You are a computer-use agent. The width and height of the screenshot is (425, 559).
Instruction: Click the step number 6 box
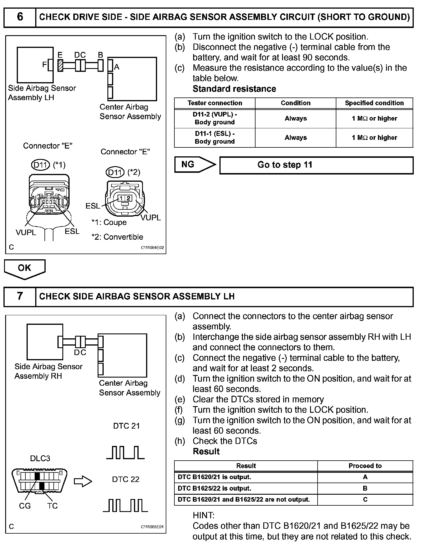click(x=20, y=17)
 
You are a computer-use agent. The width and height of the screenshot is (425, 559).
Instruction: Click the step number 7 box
click(x=20, y=296)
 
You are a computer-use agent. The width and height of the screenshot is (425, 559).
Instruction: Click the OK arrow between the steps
click(x=25, y=269)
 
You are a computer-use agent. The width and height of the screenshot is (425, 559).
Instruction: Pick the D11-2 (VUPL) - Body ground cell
click(x=215, y=119)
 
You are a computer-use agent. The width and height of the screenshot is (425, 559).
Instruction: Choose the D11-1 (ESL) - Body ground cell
click(x=215, y=138)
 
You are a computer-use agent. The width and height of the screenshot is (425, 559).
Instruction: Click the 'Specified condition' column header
click(x=374, y=103)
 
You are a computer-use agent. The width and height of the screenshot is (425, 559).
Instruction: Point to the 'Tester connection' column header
click(x=215, y=103)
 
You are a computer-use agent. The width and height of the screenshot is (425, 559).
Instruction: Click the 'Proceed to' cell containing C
click(x=365, y=499)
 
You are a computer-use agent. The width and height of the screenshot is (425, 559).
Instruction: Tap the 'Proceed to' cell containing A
click(x=365, y=477)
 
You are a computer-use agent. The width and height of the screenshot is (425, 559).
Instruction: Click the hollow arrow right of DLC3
click(x=83, y=481)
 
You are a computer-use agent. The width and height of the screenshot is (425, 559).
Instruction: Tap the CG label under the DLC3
click(x=25, y=506)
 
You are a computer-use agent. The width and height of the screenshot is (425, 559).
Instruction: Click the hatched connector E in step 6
click(x=60, y=65)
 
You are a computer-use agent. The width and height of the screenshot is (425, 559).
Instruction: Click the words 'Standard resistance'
click(x=234, y=89)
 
